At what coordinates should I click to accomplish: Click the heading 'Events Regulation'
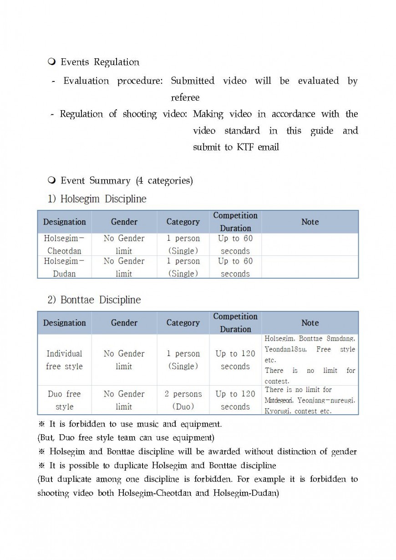click(x=100, y=62)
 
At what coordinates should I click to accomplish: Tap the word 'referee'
click(x=185, y=97)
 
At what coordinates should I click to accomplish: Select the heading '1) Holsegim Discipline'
click(x=97, y=199)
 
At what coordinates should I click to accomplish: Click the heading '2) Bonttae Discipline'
click(x=94, y=300)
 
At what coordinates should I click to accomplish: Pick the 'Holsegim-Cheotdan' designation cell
click(x=64, y=244)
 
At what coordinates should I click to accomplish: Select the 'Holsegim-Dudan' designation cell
click(x=64, y=267)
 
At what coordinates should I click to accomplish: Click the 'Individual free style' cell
click(x=64, y=360)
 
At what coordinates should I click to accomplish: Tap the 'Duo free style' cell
click(x=64, y=400)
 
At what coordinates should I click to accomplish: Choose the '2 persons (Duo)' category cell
click(x=183, y=400)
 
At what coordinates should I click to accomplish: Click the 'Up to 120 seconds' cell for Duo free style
click(x=235, y=400)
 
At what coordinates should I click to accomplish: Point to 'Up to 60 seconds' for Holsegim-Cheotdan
click(x=235, y=244)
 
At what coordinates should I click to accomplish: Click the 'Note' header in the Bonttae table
click(x=310, y=323)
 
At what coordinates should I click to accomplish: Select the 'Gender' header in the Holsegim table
click(x=124, y=222)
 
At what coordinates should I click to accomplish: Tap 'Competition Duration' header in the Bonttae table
click(x=235, y=323)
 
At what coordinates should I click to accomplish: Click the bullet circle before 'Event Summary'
click(x=51, y=181)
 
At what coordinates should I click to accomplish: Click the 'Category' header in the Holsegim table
click(x=183, y=222)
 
